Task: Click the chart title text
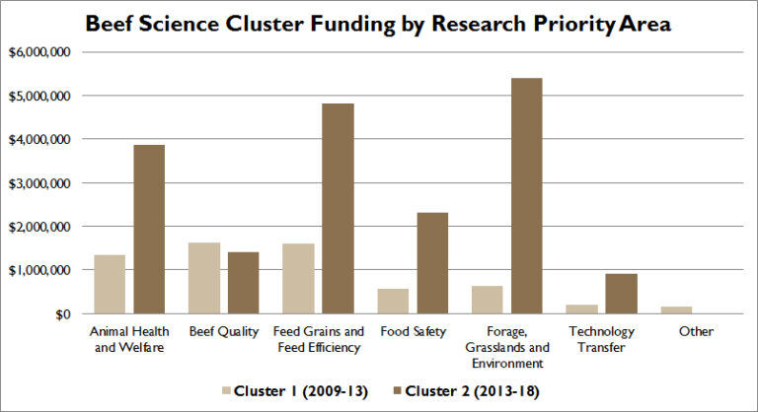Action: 378,24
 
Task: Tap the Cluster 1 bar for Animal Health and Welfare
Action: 110,284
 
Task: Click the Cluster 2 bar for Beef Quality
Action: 243,283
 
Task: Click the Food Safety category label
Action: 411,332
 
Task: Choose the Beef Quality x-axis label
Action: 223,332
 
